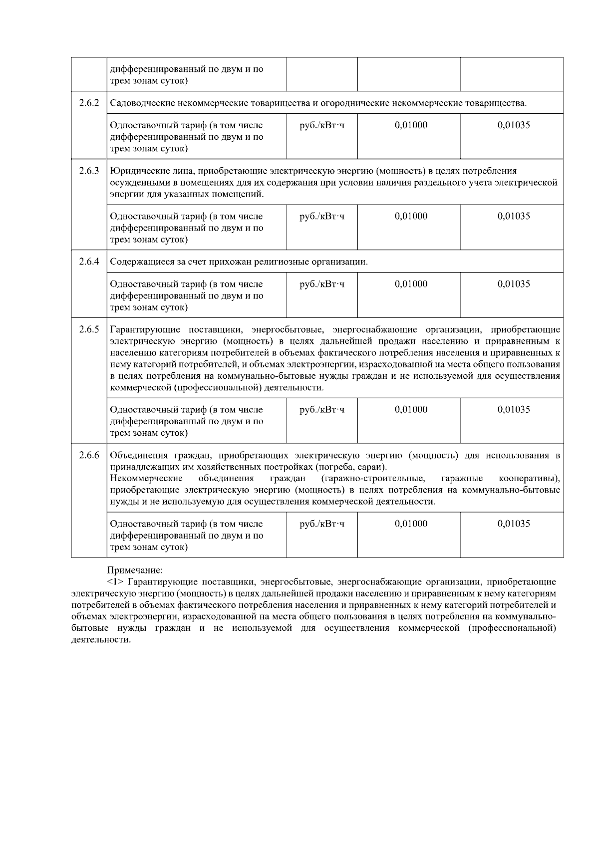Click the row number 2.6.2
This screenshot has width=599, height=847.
(x=89, y=103)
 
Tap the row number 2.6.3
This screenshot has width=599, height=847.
(x=89, y=171)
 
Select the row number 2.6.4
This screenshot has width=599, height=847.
(x=89, y=262)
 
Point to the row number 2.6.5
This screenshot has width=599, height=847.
(x=89, y=329)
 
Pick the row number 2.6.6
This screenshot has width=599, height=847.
(x=89, y=455)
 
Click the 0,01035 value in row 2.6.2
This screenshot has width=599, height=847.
(x=514, y=125)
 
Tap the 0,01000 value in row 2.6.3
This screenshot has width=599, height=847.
(x=411, y=216)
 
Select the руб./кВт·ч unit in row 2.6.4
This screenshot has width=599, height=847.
(x=322, y=284)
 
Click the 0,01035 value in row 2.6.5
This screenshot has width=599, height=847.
(x=514, y=409)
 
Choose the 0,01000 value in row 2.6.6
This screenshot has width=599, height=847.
(x=411, y=524)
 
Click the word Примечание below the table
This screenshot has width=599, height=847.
(x=135, y=569)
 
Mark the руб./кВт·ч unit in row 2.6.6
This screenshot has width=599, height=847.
(x=322, y=524)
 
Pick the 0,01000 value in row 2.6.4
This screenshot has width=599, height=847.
(x=411, y=284)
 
